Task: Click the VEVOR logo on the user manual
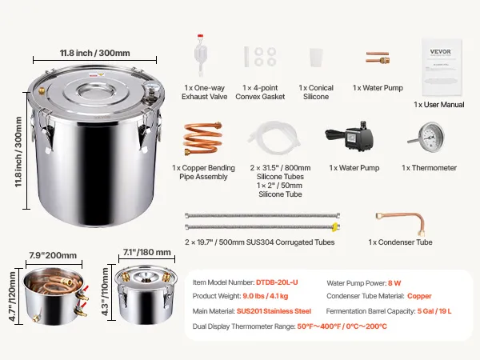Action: click(440, 51)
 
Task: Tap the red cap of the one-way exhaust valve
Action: click(200, 36)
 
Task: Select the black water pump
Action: click(350, 136)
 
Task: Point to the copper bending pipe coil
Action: click(202, 138)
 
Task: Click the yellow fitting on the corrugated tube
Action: click(335, 227)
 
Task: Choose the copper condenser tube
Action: click(401, 223)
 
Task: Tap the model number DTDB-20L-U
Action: click(277, 282)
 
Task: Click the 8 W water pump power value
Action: click(394, 283)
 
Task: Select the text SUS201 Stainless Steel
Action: click(274, 311)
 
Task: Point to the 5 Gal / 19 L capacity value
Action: click(434, 311)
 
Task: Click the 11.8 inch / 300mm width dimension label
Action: click(95, 53)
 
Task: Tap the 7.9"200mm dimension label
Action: click(53, 255)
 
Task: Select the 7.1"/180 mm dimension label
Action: click(147, 252)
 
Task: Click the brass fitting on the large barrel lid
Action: click(41, 90)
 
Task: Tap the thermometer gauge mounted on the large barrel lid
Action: click(150, 90)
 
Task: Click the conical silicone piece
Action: click(316, 58)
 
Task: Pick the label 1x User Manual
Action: click(439, 105)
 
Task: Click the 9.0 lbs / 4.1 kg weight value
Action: click(266, 296)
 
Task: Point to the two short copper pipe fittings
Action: click(378, 58)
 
